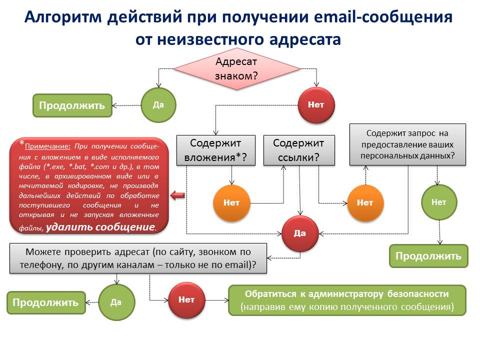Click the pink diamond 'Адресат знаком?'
pyautogui.click(x=236, y=69)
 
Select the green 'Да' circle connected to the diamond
pyautogui.click(x=158, y=105)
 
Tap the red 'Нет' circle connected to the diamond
pyautogui.click(x=316, y=105)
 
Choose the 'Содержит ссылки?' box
pyautogui.click(x=298, y=150)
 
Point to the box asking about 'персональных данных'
pyautogui.click(x=407, y=144)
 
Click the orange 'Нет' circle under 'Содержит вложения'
pyautogui.click(x=231, y=202)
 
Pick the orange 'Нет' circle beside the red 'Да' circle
pyautogui.click(x=365, y=202)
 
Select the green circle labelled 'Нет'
pyautogui.click(x=438, y=202)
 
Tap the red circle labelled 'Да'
pyautogui.click(x=299, y=233)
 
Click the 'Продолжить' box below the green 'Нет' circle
pyautogui.click(x=428, y=256)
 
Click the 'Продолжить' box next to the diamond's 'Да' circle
pyautogui.click(x=72, y=105)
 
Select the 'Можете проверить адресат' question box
pyautogui.click(x=138, y=258)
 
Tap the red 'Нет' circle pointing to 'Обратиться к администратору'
pyautogui.click(x=186, y=300)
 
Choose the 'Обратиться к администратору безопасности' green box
pyautogui.click(x=347, y=300)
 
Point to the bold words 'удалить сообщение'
pyautogui.click(x=100, y=226)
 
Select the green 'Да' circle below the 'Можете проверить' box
pyautogui.click(x=116, y=302)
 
